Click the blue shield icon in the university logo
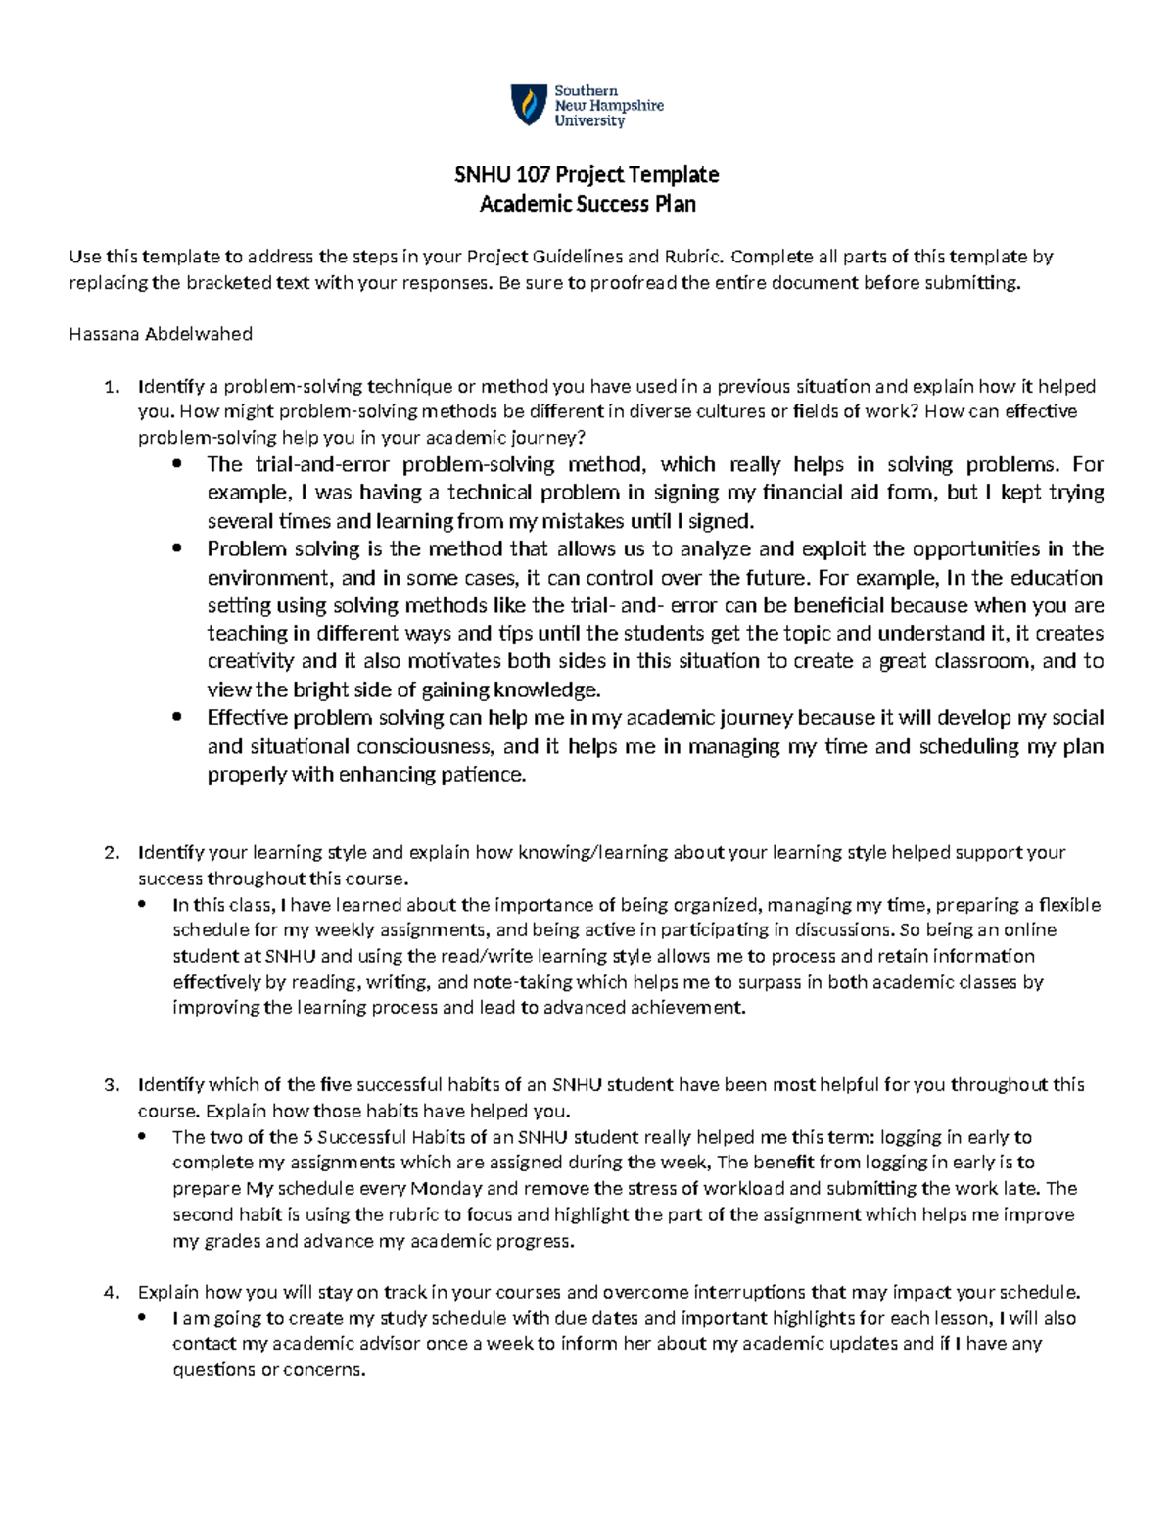[x=529, y=105]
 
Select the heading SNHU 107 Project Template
[x=587, y=175]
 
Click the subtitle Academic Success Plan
[x=587, y=204]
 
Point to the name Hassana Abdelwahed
[x=161, y=334]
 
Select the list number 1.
[x=110, y=387]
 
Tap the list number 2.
[x=110, y=853]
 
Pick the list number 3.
[x=110, y=1085]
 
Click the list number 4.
[x=110, y=1292]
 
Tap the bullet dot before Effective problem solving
[x=176, y=718]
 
